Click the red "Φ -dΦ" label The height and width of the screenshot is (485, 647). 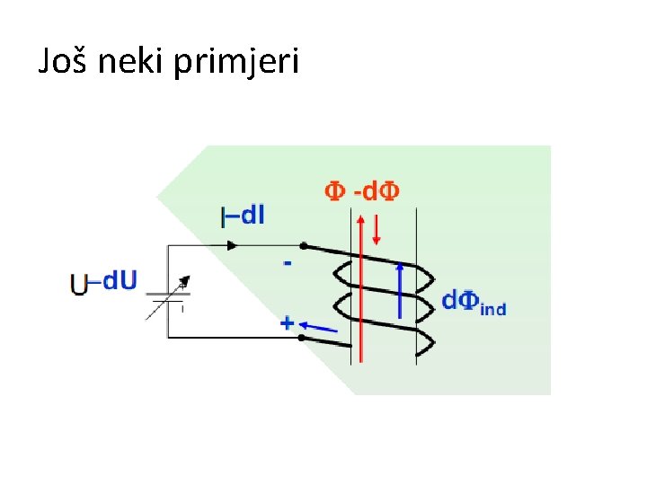362,190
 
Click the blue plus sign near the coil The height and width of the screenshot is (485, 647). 288,322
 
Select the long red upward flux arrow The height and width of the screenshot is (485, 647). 359,287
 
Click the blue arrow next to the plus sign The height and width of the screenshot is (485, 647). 321,326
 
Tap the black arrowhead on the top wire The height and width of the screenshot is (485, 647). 235,245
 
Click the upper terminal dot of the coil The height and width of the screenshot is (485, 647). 303,245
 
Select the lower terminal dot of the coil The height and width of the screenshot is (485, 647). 301,338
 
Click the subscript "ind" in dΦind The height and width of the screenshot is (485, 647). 493,309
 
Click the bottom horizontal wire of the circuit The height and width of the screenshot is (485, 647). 234,338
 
